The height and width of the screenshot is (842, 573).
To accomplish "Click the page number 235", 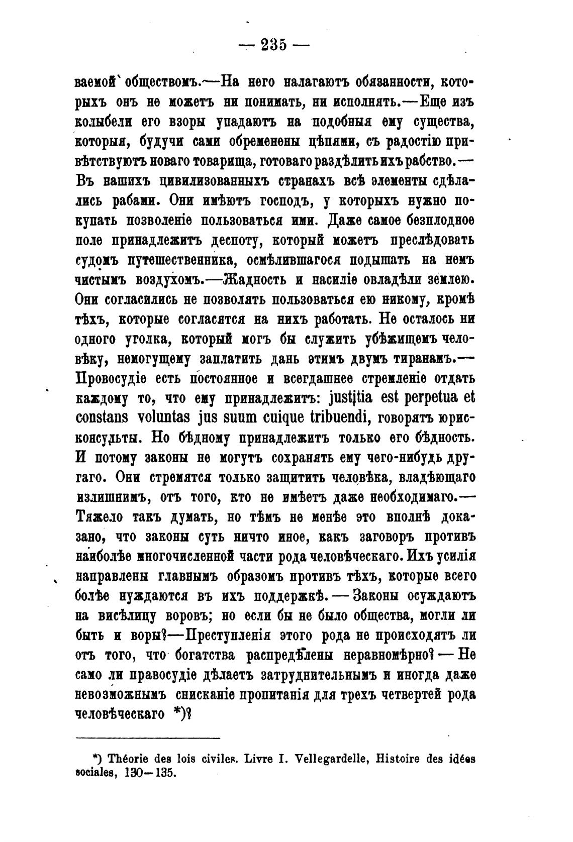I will tap(273, 44).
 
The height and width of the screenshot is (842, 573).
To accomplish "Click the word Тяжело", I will tap(99, 517).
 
